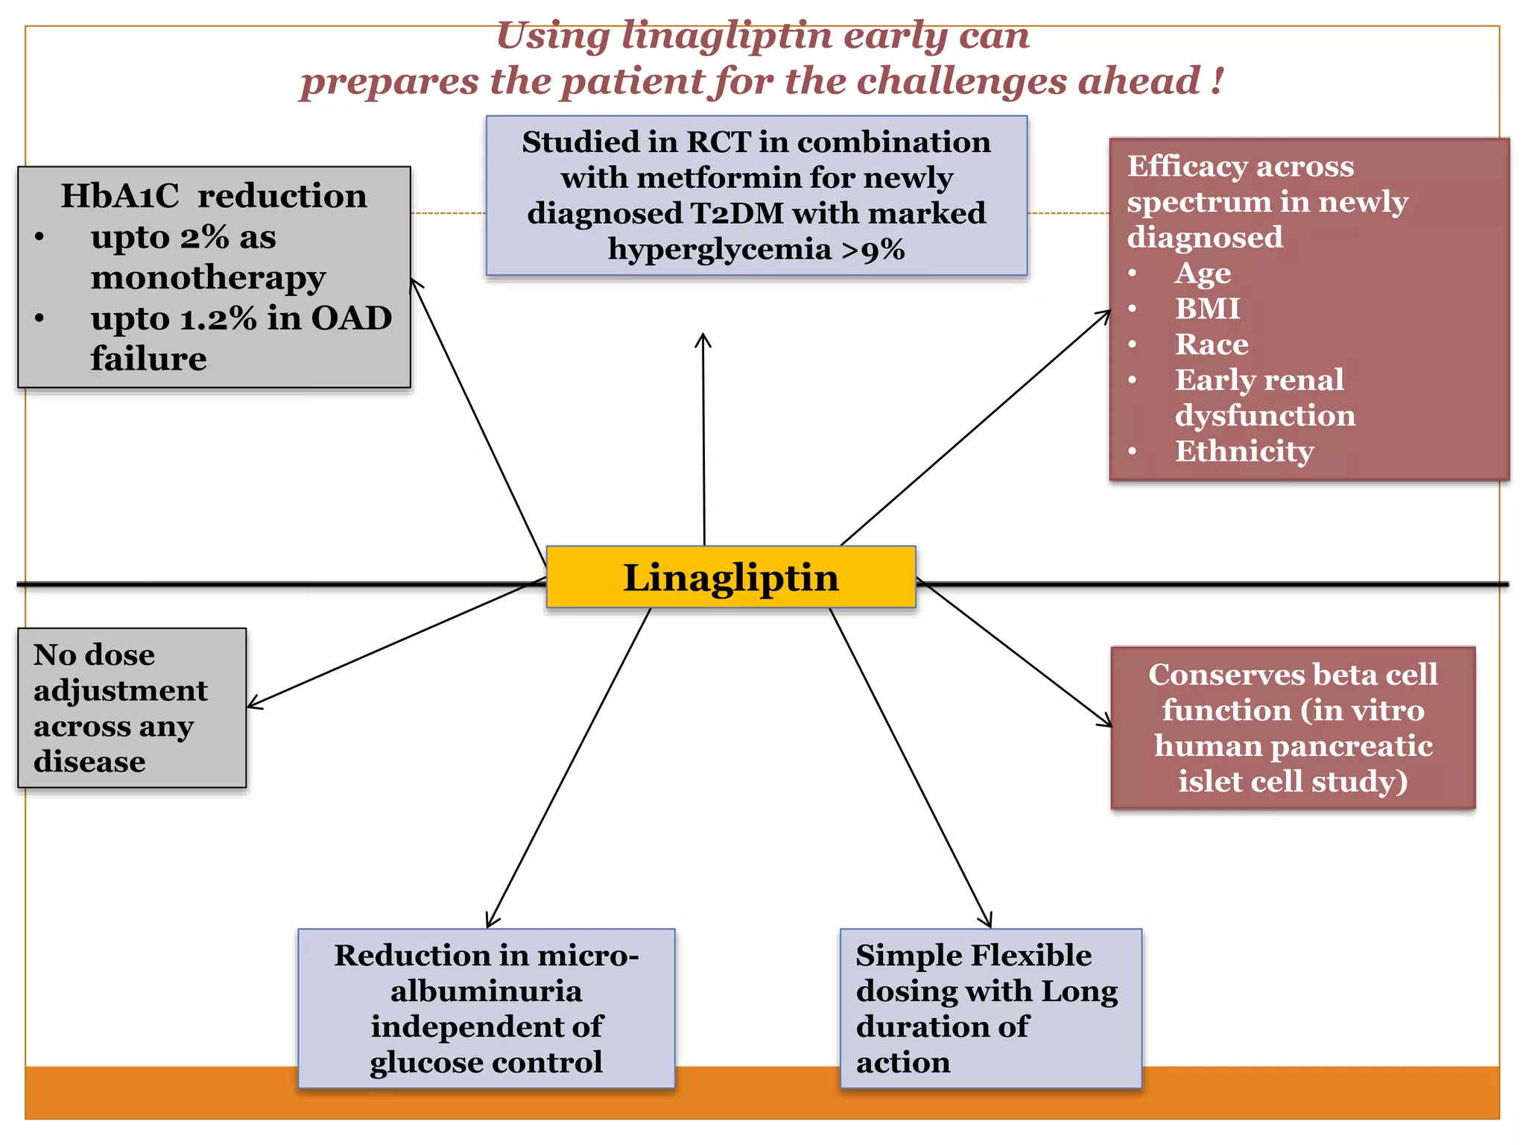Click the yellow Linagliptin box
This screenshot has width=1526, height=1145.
click(730, 578)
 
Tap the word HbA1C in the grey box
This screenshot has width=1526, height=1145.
click(119, 196)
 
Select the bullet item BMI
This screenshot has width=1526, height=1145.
click(1207, 309)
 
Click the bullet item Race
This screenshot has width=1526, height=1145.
click(1212, 344)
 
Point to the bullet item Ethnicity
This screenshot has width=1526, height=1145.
click(1244, 451)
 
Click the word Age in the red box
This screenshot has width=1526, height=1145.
click(1203, 274)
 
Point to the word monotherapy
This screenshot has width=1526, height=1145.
click(208, 278)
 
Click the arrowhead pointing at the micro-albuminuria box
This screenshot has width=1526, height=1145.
click(490, 923)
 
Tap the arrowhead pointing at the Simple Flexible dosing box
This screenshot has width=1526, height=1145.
click(988, 923)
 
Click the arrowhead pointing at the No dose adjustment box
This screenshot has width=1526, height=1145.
click(252, 704)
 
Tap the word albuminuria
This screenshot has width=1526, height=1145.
click(486, 991)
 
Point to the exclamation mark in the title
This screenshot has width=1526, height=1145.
click(1217, 81)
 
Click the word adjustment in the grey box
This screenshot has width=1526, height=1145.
click(121, 691)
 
